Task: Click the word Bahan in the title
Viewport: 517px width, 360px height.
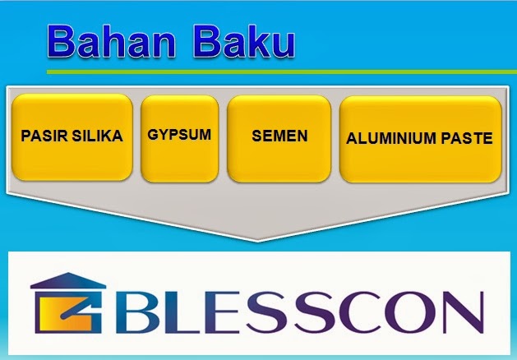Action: coord(116,42)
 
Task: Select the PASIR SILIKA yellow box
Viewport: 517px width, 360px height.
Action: coord(72,137)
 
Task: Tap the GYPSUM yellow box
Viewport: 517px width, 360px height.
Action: coord(178,137)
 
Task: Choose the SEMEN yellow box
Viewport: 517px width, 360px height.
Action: coord(279,137)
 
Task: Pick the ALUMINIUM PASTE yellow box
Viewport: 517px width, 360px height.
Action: coord(420,137)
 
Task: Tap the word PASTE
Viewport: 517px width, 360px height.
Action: coord(466,138)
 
